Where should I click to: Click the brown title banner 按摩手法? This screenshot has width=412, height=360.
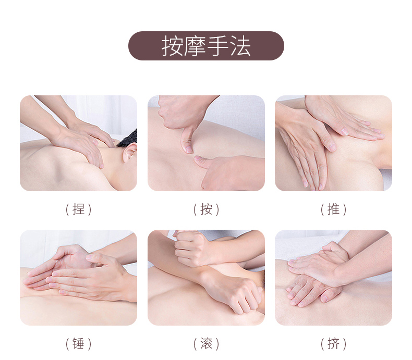[206, 46]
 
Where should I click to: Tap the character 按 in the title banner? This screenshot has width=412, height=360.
[172, 46]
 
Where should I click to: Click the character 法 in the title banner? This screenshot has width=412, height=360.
[240, 46]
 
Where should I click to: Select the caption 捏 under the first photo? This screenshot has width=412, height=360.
[78, 209]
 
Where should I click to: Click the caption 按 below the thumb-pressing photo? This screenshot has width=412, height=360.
[207, 209]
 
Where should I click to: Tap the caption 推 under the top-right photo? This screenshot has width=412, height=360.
[333, 209]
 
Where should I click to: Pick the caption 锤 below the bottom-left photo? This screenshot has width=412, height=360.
[78, 344]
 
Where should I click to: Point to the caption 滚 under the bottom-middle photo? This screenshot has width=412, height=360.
[207, 344]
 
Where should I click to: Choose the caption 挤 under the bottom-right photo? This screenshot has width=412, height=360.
[333, 344]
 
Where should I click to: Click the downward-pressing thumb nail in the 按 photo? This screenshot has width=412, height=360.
[189, 150]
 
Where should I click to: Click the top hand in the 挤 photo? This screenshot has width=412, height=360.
[319, 265]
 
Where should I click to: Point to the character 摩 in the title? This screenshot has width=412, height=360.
[195, 46]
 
